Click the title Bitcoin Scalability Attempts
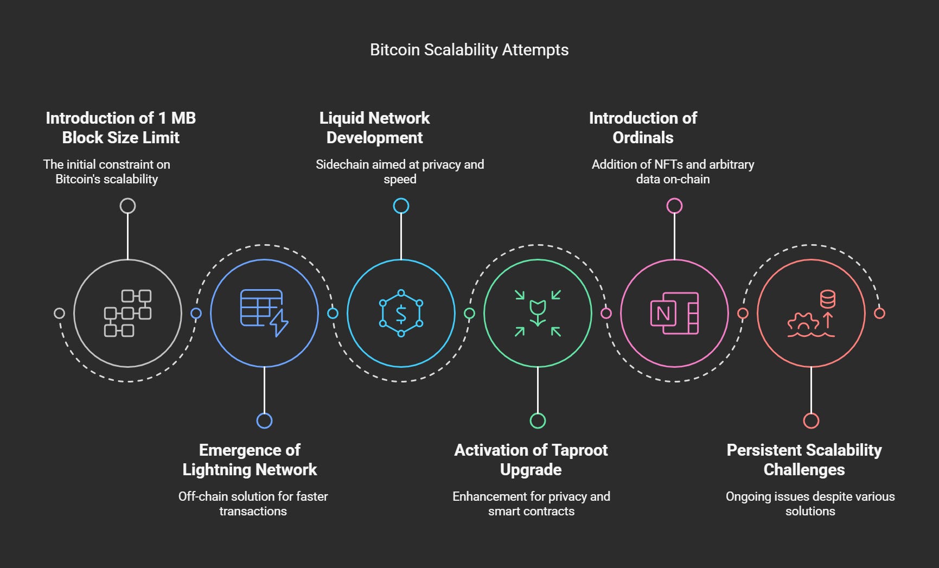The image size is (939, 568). (469, 50)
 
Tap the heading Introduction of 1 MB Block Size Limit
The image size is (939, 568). (120, 127)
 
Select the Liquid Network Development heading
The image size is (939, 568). (374, 127)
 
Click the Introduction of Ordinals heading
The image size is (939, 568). (643, 127)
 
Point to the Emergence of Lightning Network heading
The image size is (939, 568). (250, 459)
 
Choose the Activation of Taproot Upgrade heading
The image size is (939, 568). (531, 459)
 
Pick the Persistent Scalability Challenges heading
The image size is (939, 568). (804, 459)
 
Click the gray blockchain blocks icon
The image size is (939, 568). (127, 313)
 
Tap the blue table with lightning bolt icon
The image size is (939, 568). (264, 313)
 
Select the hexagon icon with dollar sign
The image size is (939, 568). (401, 313)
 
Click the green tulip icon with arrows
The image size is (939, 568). (538, 313)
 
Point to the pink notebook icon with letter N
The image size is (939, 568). (674, 313)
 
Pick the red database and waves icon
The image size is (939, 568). (811, 313)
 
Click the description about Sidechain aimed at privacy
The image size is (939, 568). (400, 171)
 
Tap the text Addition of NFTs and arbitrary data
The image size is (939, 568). (673, 171)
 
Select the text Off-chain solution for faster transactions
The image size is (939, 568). (253, 503)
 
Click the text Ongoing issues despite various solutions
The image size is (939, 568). (810, 503)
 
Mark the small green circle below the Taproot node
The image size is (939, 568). (538, 420)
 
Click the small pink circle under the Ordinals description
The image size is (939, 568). (674, 206)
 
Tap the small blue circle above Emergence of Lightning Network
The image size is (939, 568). (264, 420)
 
